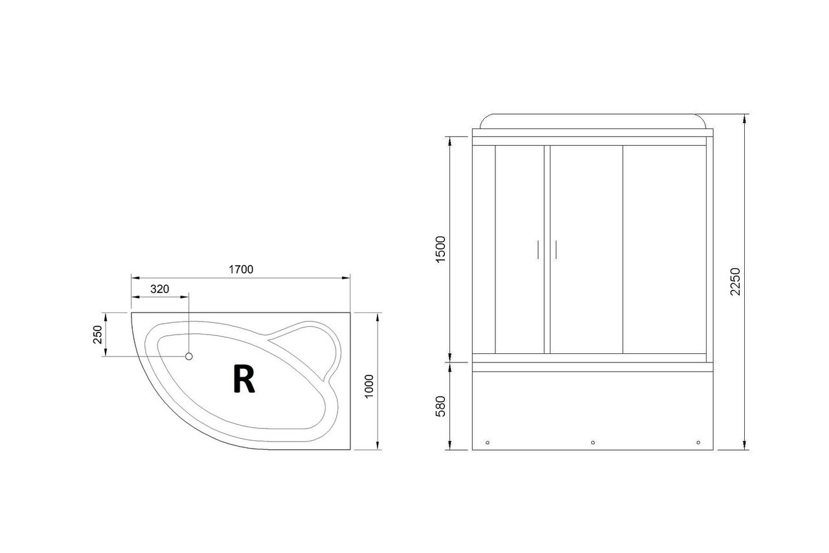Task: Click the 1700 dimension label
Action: point(240,269)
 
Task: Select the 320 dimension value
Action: point(159,289)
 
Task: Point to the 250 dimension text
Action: point(98,335)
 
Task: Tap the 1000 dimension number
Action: point(369,386)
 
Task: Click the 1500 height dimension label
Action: point(440,250)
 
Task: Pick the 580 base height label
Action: point(440,406)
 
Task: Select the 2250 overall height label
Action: point(735,281)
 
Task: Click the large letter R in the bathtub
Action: point(244,379)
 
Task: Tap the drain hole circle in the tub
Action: point(188,357)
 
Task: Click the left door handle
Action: point(538,250)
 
